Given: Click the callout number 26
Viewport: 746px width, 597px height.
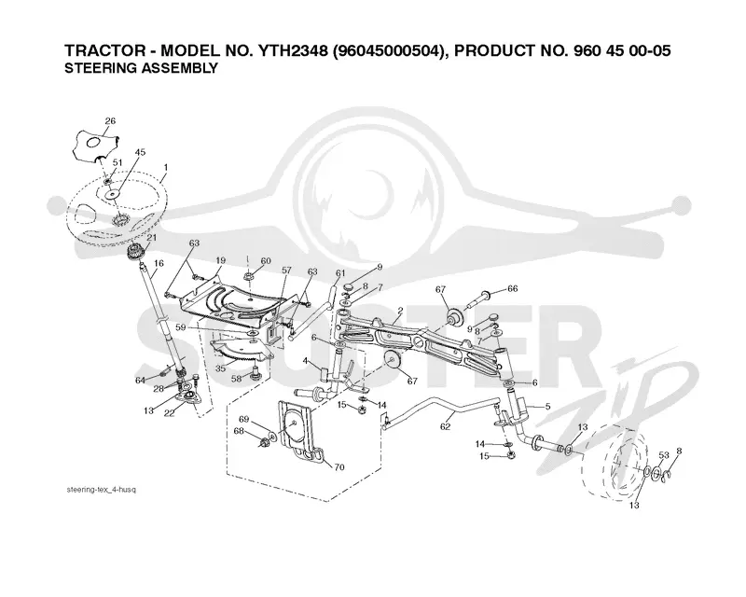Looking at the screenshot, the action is click(x=110, y=121).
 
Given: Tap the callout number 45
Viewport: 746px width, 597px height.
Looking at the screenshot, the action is click(x=140, y=152).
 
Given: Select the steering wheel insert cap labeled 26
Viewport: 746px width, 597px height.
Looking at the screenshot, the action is click(x=96, y=145).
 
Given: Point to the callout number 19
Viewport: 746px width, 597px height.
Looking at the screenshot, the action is click(x=220, y=260).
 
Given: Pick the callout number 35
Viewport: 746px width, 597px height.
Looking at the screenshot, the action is click(x=220, y=368).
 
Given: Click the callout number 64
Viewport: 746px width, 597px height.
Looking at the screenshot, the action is click(x=140, y=380).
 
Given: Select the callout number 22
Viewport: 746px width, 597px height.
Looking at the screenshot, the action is click(x=169, y=412).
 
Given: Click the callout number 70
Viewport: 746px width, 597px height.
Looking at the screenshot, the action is click(x=339, y=467).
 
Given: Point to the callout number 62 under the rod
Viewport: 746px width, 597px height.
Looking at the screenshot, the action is click(x=445, y=426).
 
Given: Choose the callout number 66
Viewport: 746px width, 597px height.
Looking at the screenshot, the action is click(x=512, y=288).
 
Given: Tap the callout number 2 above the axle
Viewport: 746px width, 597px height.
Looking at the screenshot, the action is click(x=401, y=311).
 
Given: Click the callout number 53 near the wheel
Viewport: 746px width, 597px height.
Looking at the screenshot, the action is click(x=664, y=455).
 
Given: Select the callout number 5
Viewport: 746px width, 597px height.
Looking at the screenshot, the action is click(x=547, y=407).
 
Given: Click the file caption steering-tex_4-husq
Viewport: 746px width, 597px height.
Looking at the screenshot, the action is click(x=102, y=490).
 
